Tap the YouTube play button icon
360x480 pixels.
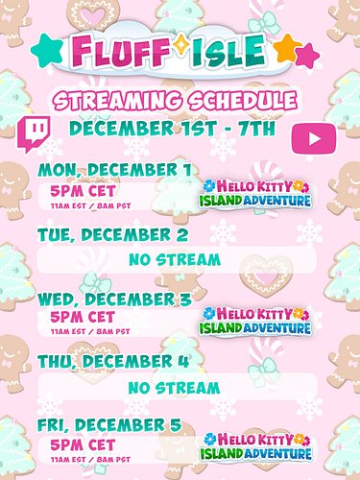click(x=315, y=138)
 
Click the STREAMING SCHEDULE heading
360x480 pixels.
click(x=180, y=101)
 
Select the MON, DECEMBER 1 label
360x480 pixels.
click(x=114, y=172)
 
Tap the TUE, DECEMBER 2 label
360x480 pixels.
click(x=111, y=235)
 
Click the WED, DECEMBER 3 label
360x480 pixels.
click(x=113, y=299)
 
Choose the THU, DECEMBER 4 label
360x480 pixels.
click(x=112, y=362)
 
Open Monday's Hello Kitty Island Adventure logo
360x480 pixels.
click(x=255, y=193)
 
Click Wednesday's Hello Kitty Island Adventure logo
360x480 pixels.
click(x=255, y=321)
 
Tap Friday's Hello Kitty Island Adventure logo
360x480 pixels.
click(x=255, y=446)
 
